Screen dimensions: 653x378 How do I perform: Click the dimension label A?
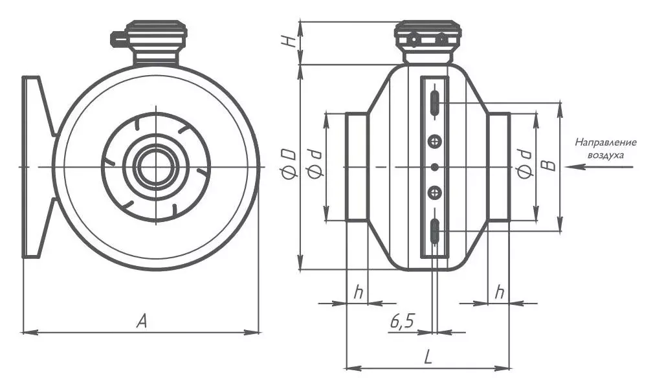tap(142, 320)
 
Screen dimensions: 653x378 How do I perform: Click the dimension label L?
tap(428, 357)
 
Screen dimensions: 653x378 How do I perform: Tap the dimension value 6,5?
tap(403, 321)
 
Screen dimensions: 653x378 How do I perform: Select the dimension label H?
tap(291, 40)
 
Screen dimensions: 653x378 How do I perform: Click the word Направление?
tap(606, 142)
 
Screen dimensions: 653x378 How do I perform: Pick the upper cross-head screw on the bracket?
tap(435, 142)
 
